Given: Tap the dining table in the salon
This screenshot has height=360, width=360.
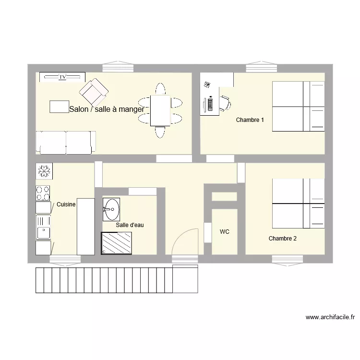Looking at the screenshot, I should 160,110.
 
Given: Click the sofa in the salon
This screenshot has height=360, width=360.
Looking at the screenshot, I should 65,143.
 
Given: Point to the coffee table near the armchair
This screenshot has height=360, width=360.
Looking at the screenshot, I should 59,107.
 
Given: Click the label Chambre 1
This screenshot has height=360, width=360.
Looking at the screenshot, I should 250,120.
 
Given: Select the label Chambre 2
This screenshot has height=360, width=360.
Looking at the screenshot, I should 282,239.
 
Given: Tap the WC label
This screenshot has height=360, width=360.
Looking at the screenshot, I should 224,232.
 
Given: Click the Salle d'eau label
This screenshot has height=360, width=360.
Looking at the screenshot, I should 130,225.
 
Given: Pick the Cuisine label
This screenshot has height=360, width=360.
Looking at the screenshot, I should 66,204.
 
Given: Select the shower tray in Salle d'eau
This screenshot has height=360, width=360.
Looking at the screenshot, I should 116,243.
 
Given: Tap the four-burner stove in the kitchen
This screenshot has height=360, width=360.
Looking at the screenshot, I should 43,193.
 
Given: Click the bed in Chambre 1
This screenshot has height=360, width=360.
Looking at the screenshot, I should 298,106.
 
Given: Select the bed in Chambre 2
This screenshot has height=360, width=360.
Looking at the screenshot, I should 298,204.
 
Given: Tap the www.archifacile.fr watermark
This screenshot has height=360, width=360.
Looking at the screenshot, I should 330,317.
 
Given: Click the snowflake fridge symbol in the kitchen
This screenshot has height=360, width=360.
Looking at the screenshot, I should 44,171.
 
